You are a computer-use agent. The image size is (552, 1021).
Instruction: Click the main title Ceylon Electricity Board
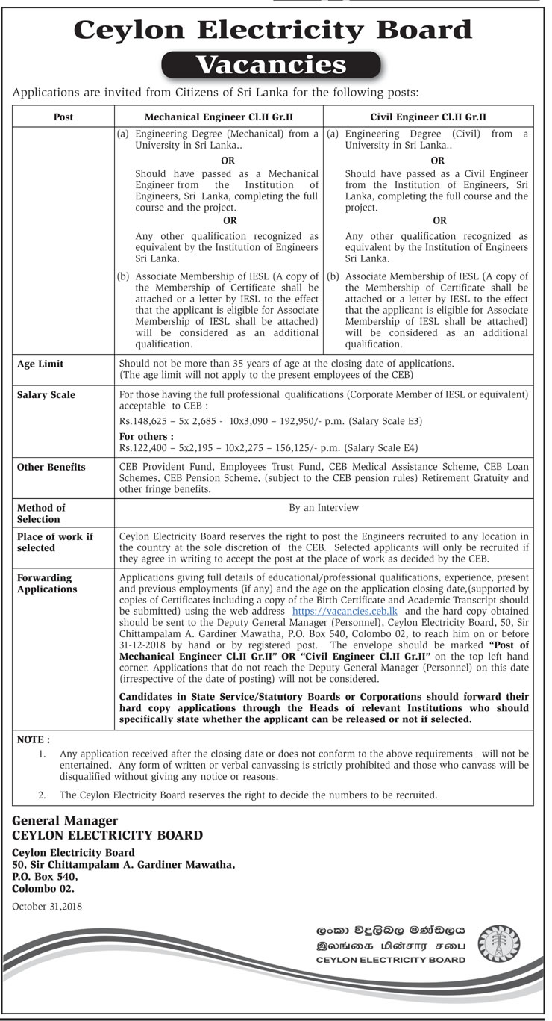pyautogui.click(x=273, y=30)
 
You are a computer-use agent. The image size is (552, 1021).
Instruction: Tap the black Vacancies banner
pyautogui.click(x=272, y=66)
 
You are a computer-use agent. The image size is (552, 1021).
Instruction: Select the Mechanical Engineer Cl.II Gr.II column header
pyautogui.click(x=219, y=117)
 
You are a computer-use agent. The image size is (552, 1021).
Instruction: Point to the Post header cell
pyautogui.click(x=64, y=117)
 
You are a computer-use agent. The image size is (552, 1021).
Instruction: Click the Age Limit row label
pyautogui.click(x=40, y=364)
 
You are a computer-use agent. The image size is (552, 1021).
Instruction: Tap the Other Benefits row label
pyautogui.click(x=51, y=468)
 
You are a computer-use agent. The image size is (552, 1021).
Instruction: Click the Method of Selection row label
pyautogui.click(x=41, y=513)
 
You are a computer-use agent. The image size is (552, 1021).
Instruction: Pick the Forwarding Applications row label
pyautogui.click(x=47, y=583)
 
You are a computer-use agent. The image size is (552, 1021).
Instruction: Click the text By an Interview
pyautogui.click(x=324, y=508)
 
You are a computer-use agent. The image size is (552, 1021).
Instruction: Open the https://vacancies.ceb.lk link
pyautogui.click(x=336, y=611)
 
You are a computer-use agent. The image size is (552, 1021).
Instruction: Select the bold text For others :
pyautogui.click(x=146, y=437)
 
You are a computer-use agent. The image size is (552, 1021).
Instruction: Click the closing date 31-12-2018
pyautogui.click(x=145, y=645)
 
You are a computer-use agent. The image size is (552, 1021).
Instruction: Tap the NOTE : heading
pyautogui.click(x=34, y=739)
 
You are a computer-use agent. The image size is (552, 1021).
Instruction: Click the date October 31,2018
pyautogui.click(x=47, y=907)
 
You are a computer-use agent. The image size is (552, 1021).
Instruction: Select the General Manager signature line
pyautogui.click(x=65, y=821)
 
